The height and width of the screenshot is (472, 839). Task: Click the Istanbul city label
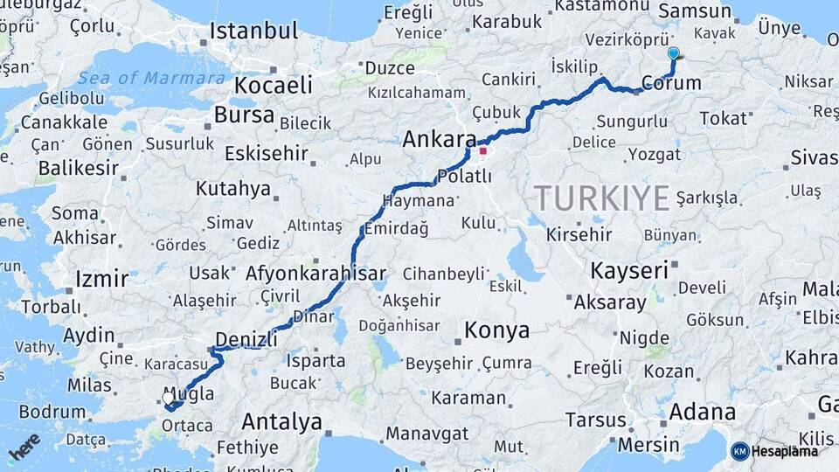pos(253,31)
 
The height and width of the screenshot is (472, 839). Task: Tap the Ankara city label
pos(440,139)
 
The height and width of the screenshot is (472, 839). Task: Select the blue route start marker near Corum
pos(673,53)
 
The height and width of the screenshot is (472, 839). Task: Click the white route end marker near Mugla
pos(168,399)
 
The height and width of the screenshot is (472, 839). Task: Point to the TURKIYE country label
pos(602,198)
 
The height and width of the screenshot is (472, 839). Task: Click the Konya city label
pos(496,330)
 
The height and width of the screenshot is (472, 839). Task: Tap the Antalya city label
pos(281,422)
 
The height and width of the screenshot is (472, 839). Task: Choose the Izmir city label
pos(101,280)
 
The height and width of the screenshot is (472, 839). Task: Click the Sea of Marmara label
pos(151,78)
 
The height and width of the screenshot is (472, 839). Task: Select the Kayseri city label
pos(628,270)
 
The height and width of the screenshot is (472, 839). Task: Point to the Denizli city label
pos(246,337)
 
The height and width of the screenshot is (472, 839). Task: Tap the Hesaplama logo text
pos(785,451)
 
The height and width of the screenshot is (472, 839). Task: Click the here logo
pos(24,447)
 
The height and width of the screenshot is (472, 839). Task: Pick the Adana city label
pos(702,412)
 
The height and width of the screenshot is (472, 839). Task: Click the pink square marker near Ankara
pos(482,150)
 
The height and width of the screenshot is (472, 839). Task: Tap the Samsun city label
pos(695,11)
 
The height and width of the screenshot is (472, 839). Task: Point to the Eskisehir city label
pos(267,154)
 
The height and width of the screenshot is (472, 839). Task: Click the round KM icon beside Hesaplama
pos(739,451)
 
